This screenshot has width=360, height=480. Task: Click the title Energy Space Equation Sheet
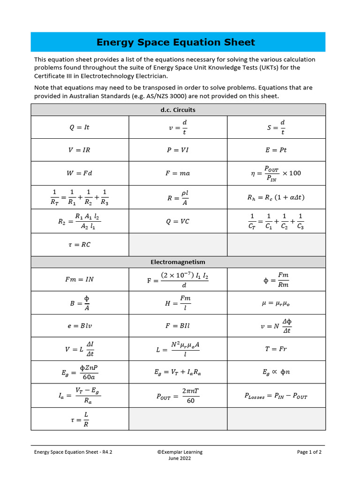tap(176, 42)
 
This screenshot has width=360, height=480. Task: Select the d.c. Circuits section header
tap(178, 110)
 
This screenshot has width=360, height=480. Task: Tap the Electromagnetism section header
tap(178, 262)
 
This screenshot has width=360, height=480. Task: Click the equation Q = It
tap(79, 127)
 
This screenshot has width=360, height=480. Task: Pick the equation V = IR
tap(79, 150)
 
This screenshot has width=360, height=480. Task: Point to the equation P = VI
tap(178, 150)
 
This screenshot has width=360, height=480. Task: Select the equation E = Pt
tap(276, 150)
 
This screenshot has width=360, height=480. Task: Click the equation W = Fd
tap(79, 173)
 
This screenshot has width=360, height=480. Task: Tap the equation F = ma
tap(178, 173)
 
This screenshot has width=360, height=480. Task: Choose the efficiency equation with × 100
tap(276, 173)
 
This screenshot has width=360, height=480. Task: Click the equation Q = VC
tap(178, 221)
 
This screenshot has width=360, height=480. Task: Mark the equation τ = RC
tap(79, 245)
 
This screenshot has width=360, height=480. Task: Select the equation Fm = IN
tap(79, 279)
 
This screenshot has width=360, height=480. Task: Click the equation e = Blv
tap(79, 325)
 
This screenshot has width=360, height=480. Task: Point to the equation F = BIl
tap(178, 325)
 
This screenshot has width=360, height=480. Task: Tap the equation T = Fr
tap(276, 349)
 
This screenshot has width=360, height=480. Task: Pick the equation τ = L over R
tap(79, 419)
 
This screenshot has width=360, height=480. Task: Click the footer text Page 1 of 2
tap(309, 452)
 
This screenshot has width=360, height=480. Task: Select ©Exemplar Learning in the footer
tap(180, 452)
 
